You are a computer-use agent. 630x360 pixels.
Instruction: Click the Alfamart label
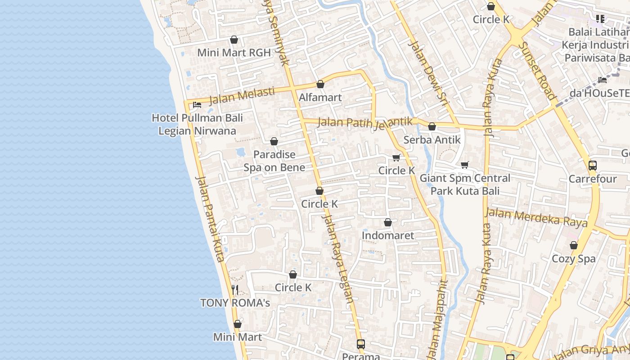pyautogui.click(x=320, y=97)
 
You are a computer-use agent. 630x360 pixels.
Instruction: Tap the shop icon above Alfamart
pyautogui.click(x=320, y=84)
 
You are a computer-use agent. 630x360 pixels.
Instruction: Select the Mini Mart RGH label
pyautogui.click(x=234, y=53)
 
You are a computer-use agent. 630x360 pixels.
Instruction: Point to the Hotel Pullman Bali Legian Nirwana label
pyautogui.click(x=197, y=124)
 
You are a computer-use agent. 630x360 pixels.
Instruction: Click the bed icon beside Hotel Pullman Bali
pyautogui.click(x=197, y=105)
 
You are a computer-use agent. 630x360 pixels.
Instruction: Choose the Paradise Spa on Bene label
pyautogui.click(x=274, y=161)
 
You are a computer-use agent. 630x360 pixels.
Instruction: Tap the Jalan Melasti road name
pyautogui.click(x=242, y=95)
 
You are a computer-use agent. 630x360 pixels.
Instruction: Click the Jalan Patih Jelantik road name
pyautogui.click(x=365, y=122)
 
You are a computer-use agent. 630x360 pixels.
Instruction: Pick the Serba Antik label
pyautogui.click(x=432, y=139)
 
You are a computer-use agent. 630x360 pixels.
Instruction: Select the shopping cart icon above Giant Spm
pyautogui.click(x=465, y=165)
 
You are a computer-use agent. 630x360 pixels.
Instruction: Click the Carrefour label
pyautogui.click(x=593, y=179)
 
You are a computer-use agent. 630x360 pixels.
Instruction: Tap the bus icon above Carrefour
pyautogui.click(x=593, y=166)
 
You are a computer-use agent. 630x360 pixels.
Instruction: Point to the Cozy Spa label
pyautogui.click(x=574, y=259)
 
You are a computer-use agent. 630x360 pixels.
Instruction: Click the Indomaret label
pyautogui.click(x=388, y=235)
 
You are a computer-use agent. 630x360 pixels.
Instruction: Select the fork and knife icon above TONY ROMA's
pyautogui.click(x=235, y=289)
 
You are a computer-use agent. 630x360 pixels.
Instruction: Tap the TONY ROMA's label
pyautogui.click(x=235, y=303)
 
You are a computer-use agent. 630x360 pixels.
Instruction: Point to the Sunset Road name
pyautogui.click(x=536, y=70)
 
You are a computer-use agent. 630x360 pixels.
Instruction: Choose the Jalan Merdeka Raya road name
pyautogui.click(x=536, y=217)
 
